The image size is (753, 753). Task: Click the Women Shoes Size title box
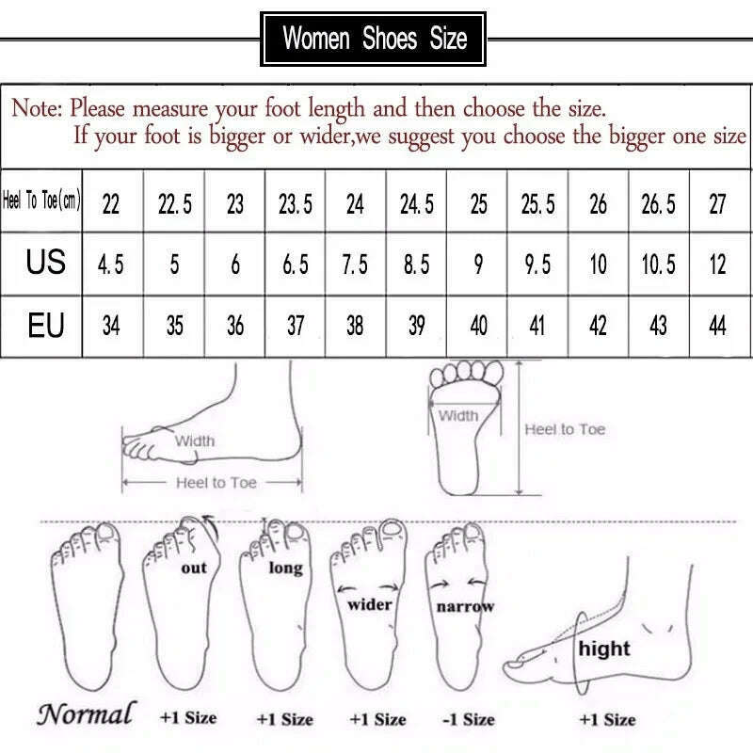pyautogui.click(x=375, y=39)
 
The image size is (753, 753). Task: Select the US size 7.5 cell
pyautogui.click(x=355, y=264)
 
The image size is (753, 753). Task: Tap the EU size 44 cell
pyautogui.click(x=717, y=326)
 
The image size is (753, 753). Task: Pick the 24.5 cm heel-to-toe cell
pyautogui.click(x=416, y=203)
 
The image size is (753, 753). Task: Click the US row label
pyautogui.click(x=45, y=263)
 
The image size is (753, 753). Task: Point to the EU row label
pyautogui.click(x=45, y=326)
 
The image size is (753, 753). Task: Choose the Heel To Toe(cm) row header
pyautogui.click(x=42, y=202)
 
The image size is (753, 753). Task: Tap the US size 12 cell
pyautogui.click(x=717, y=264)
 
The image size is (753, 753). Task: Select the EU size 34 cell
pyautogui.click(x=110, y=326)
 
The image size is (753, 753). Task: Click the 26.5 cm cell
pyautogui.click(x=658, y=203)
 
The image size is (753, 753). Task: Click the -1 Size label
pyautogui.click(x=468, y=719)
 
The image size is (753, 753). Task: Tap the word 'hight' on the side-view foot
pyautogui.click(x=604, y=649)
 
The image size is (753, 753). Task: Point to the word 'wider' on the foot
pyautogui.click(x=369, y=604)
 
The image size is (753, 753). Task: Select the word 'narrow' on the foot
pyautogui.click(x=465, y=607)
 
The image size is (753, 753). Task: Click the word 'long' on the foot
pyautogui.click(x=285, y=568)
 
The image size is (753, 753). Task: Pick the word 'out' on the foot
pyautogui.click(x=194, y=568)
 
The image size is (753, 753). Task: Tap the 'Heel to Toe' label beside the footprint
pyautogui.click(x=565, y=429)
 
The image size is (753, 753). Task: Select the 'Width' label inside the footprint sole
pyautogui.click(x=459, y=415)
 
